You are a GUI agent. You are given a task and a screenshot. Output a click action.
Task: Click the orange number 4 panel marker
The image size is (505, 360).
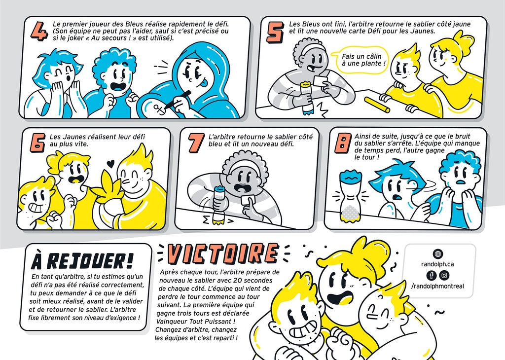(39, 32)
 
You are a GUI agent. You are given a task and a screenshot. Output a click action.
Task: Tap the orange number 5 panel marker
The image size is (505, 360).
(275, 32)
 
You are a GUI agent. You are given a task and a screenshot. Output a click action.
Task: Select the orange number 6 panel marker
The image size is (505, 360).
(37, 143)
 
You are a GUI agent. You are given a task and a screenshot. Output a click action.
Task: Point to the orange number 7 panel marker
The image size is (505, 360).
(196, 143)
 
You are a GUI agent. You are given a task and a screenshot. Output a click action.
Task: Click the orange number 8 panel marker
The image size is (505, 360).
(343, 144)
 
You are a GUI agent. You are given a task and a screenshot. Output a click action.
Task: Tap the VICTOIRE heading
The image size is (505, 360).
(223, 254)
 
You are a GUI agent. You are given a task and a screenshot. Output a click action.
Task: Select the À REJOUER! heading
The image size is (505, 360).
(82, 260)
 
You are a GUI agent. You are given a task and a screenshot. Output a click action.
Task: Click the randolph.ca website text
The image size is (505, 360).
(437, 264)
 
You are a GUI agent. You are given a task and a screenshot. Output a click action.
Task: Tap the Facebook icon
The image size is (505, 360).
(432, 275)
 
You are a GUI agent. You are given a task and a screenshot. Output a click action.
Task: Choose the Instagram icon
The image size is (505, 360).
(444, 275)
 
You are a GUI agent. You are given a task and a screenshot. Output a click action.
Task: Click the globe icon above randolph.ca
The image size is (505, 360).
(438, 254)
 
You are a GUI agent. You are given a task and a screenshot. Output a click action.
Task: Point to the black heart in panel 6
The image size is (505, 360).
(110, 164)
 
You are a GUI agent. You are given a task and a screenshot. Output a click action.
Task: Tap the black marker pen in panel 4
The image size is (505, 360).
(178, 99)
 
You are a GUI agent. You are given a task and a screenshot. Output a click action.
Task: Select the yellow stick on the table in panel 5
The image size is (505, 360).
(377, 105)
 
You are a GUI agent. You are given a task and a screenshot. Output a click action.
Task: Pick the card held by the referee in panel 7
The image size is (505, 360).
(248, 200)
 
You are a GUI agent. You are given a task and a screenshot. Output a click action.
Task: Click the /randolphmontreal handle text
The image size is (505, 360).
(438, 286)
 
